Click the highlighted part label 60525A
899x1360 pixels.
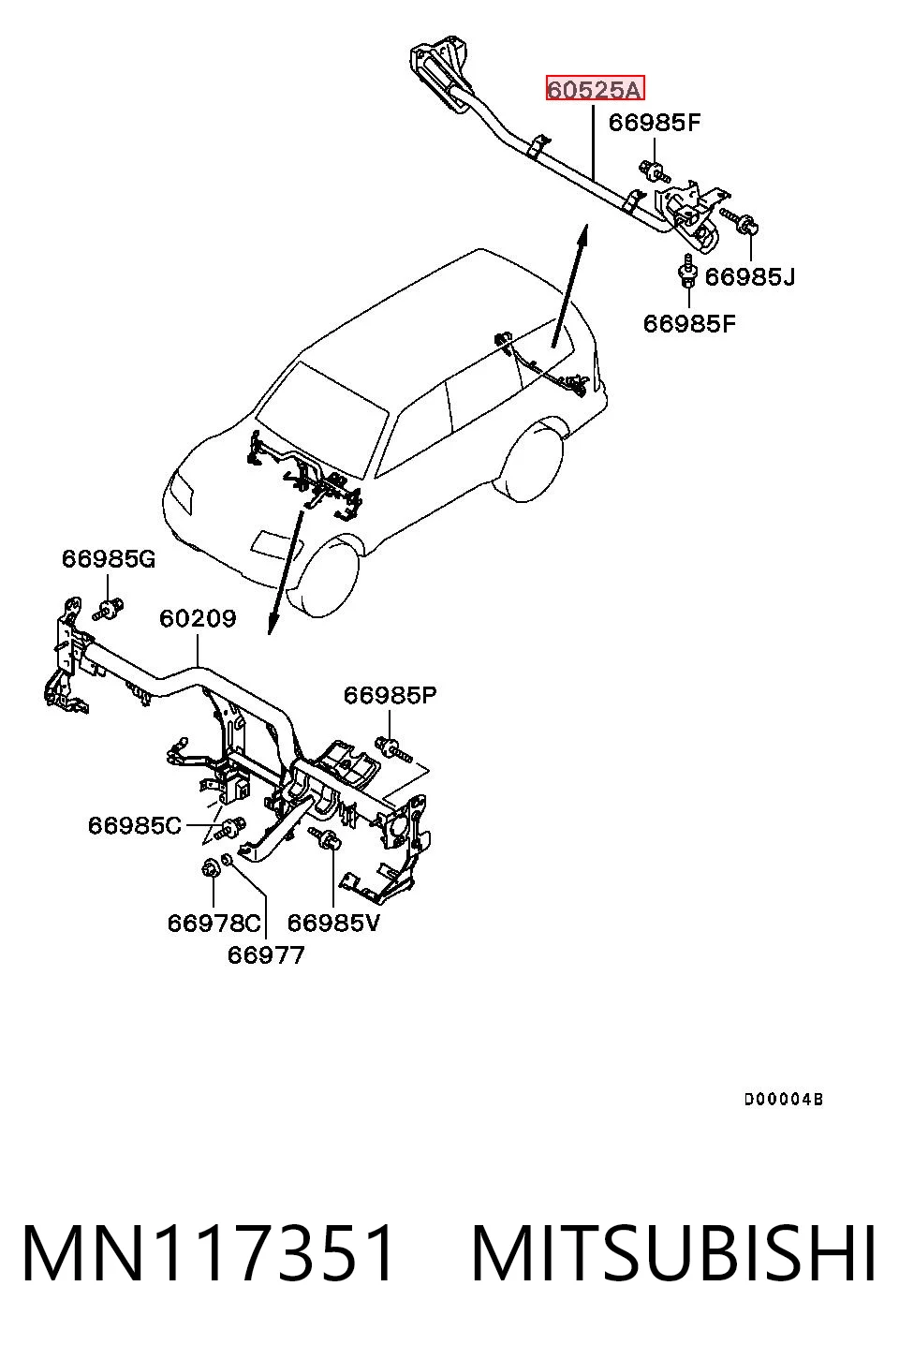pos(595,89)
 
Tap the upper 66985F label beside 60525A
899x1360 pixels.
pos(655,123)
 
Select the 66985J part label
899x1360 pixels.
pos(750,277)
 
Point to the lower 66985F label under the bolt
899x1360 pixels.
pos(689,323)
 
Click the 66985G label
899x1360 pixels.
pos(109,558)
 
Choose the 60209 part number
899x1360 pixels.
pos(198,618)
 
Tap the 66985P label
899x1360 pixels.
pos(391,695)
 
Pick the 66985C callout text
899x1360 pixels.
pos(135,825)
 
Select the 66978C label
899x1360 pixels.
pos(214,924)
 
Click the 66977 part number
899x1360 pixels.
pos(265,955)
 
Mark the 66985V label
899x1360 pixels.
pos(333,924)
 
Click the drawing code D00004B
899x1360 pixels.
pos(784,1100)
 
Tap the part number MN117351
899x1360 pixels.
pos(208,1254)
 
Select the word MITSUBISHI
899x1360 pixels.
pos(674,1254)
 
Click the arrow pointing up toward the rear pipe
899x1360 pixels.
pos(569,286)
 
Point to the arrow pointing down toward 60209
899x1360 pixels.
pos(286,572)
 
